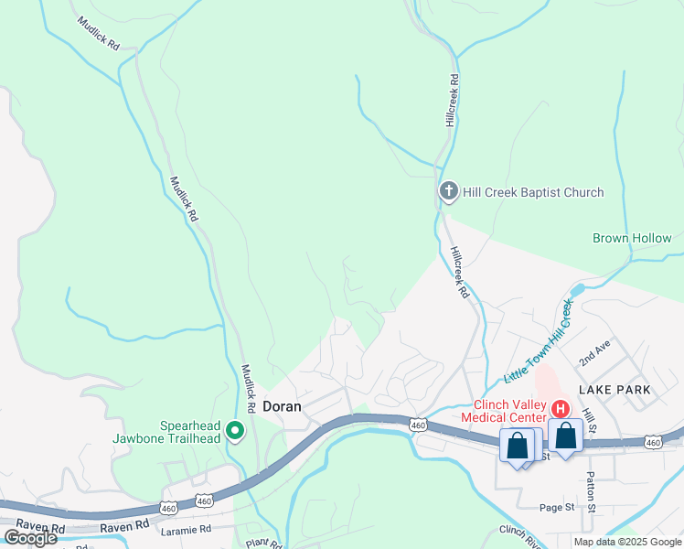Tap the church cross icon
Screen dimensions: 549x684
[448, 191]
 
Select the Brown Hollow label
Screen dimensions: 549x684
[632, 239]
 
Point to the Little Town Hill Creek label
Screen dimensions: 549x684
[540, 342]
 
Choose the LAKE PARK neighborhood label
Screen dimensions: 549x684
[620, 390]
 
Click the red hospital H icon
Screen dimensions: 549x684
[561, 409]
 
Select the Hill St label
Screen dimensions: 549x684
[592, 422]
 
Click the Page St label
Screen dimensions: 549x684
[556, 507]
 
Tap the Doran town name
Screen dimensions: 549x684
[283, 405]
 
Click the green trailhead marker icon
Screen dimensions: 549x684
[236, 430]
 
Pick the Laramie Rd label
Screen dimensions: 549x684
[186, 529]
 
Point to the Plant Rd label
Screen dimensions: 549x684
[262, 544]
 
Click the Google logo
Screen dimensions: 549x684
[30, 538]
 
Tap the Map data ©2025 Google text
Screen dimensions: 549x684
[627, 542]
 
